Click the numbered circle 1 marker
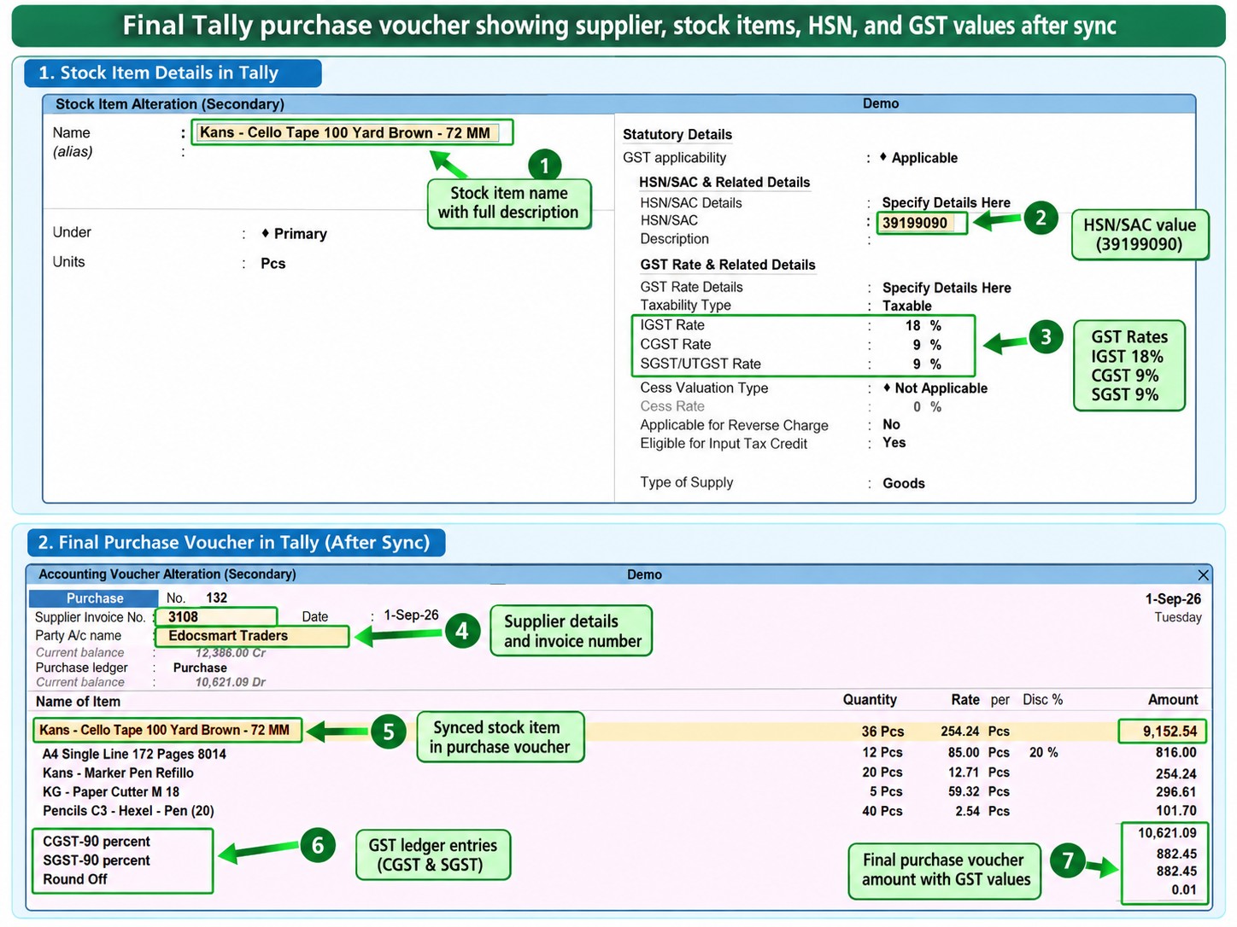tap(544, 166)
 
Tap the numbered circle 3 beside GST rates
tap(1046, 336)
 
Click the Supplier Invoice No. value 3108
tap(183, 616)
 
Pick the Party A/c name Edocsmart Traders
tap(228, 635)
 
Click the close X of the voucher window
tap(1203, 574)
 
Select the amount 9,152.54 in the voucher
tap(1170, 732)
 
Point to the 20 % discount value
tap(1044, 753)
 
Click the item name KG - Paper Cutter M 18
tap(111, 791)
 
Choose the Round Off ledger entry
tap(75, 879)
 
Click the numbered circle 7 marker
tap(1067, 860)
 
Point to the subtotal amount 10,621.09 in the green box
tap(1167, 833)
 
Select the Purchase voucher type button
tap(94, 598)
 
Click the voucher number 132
tap(216, 598)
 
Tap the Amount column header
tap(1173, 700)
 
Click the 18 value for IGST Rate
tap(912, 325)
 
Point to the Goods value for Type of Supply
tap(903, 483)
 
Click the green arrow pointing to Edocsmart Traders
tap(399, 635)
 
